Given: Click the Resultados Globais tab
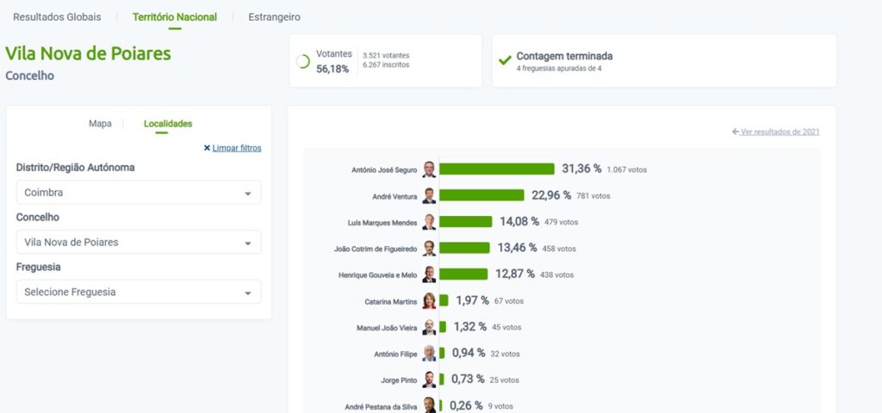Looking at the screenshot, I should click(x=57, y=17).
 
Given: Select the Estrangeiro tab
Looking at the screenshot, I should click(x=274, y=17).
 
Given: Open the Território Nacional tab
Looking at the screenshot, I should click(x=175, y=17).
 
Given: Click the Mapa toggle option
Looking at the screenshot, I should click(x=100, y=124).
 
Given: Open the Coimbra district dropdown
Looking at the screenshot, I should click(x=139, y=193).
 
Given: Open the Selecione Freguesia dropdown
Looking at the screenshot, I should click(x=139, y=293).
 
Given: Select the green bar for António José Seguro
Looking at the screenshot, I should click(x=497, y=169).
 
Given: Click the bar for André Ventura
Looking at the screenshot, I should click(x=482, y=195).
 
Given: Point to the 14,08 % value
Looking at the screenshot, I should click(x=519, y=222).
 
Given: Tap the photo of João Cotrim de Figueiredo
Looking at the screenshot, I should click(x=429, y=249).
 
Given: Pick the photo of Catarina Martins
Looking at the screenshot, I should click(x=429, y=301).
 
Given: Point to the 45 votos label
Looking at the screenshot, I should click(x=506, y=328).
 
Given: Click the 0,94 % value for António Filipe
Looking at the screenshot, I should click(x=469, y=354).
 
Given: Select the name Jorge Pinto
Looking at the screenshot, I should click(x=399, y=380).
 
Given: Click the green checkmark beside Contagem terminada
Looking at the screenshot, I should click(x=505, y=61).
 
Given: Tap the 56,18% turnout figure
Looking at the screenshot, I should click(x=332, y=69).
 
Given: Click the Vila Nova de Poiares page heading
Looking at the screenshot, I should click(x=88, y=53).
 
